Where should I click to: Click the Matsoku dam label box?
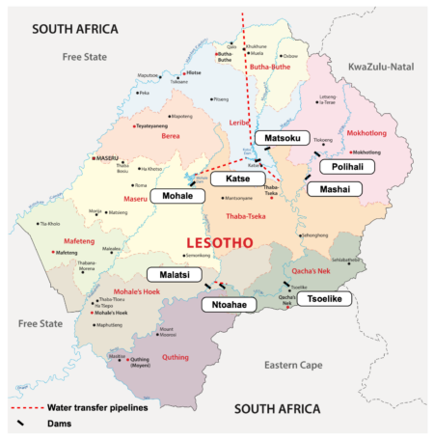pyautogui.click(x=283, y=139)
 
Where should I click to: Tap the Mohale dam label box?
pyautogui.click(x=177, y=196)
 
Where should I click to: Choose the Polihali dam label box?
pyautogui.click(x=347, y=167)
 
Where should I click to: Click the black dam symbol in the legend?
pyautogui.click(x=19, y=424)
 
